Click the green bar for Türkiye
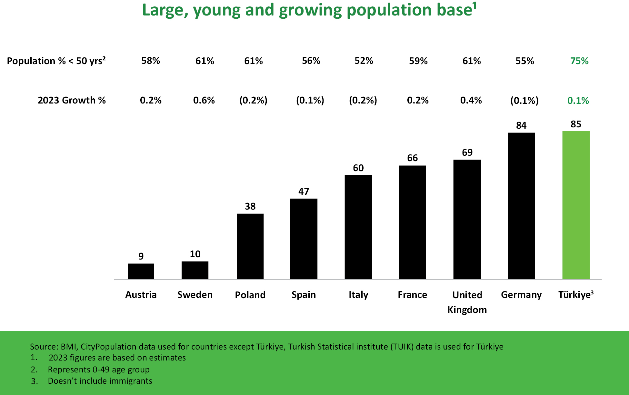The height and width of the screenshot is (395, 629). coord(576,205)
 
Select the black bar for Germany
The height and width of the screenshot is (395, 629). coord(521,206)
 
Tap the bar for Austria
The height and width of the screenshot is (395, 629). coord(141,271)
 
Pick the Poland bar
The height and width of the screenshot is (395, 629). coord(250,246)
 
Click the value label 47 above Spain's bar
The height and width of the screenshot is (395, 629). coord(304,192)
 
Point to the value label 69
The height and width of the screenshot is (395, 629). coord(467,153)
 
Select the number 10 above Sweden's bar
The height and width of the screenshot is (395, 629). coord(195,254)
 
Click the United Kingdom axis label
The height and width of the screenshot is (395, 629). coord(467,302)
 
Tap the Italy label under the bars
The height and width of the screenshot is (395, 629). coord(358,295)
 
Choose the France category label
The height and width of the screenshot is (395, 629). coord(412,295)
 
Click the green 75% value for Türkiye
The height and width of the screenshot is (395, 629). coord(579,61)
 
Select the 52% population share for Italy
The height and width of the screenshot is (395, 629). coord(364,61)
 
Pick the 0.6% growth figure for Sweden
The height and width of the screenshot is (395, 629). coord(204,100)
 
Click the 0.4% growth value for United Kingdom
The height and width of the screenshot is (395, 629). coord(471,100)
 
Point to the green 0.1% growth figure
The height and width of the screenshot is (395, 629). coord(578,101)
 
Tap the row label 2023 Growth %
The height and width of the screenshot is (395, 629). coord(72,100)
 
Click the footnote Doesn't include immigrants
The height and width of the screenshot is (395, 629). coord(100,381)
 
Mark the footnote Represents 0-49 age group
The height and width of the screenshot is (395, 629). coord(99,370)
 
